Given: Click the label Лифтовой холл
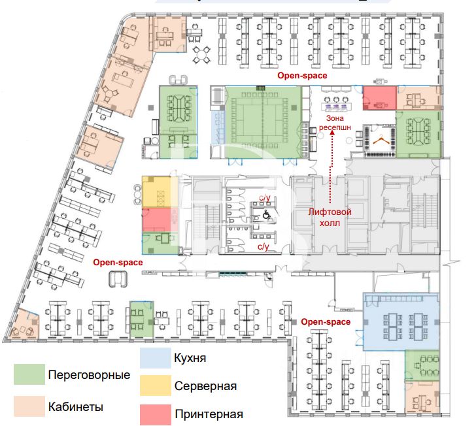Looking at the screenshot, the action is click(330, 217).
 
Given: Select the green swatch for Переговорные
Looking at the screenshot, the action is click(30, 375).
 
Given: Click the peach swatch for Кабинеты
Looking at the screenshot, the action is click(30, 406).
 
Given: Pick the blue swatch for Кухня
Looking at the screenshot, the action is click(156, 358).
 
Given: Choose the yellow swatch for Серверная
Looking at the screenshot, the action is click(156, 385).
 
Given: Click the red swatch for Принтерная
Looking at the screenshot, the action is click(156, 414).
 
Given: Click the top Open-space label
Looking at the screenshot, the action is click(302, 76).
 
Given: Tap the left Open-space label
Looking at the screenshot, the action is click(118, 262).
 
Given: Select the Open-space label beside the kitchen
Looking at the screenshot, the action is click(326, 321).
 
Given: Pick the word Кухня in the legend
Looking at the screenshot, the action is click(190, 358).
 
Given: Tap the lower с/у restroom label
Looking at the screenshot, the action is click(263, 246).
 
